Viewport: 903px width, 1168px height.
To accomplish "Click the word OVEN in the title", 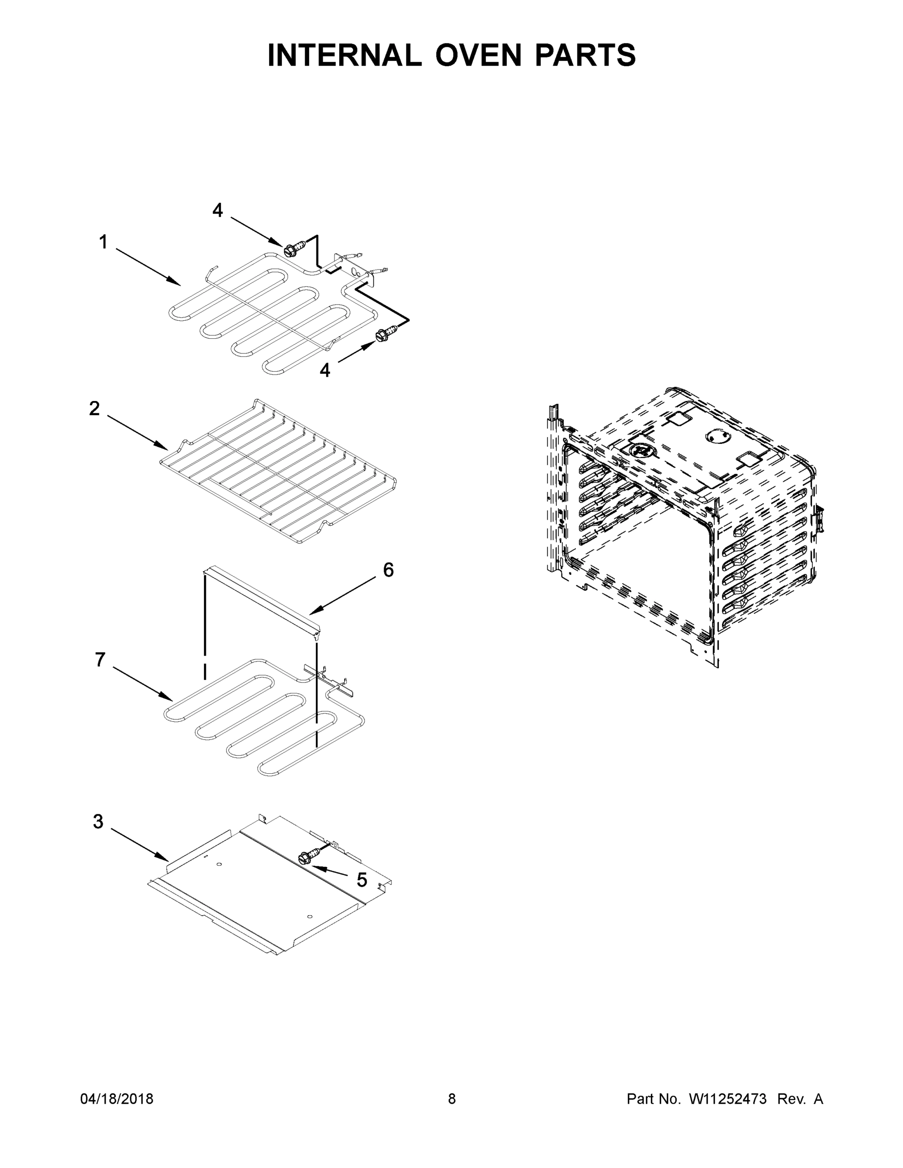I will (x=478, y=55).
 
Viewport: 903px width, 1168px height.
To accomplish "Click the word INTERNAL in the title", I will (x=345, y=55).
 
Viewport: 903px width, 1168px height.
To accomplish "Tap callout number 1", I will (x=103, y=242).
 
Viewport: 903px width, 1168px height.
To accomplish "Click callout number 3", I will (x=98, y=821).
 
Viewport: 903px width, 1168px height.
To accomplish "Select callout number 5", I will (x=362, y=880).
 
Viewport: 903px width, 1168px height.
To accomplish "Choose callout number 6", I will (x=388, y=570).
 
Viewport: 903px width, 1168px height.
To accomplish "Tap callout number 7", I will (x=100, y=660).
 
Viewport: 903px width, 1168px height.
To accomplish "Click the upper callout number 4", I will (x=217, y=210).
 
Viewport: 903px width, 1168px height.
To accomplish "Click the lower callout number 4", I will (x=325, y=369).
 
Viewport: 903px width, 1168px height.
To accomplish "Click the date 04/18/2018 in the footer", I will (x=117, y=1099).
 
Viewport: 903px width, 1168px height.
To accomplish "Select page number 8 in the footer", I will (x=452, y=1099).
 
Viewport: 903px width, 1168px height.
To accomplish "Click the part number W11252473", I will (x=728, y=1099).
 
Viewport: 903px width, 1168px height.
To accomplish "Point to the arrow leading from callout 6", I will (x=342, y=597).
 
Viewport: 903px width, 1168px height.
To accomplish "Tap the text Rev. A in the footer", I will (x=800, y=1099).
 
